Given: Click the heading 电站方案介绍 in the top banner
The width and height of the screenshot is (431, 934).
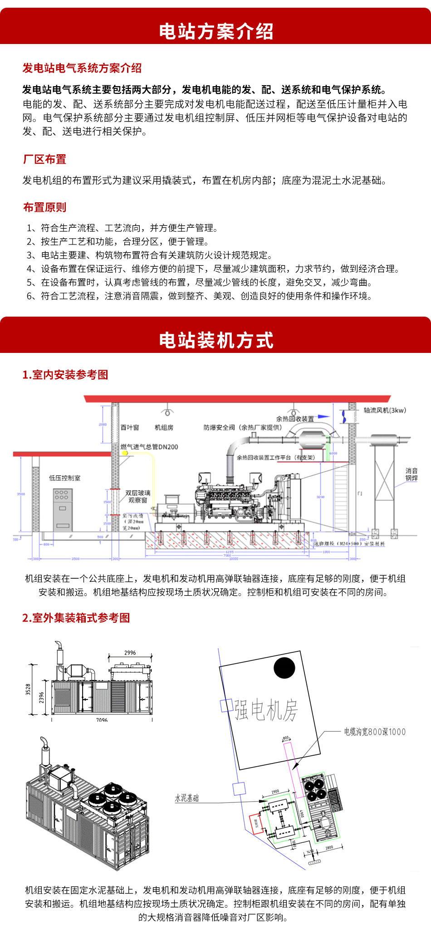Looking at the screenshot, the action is [x=216, y=31].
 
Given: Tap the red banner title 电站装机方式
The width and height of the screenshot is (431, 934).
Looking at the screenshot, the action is [x=216, y=340].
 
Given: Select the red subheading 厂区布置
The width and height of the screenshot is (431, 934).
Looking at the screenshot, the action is [x=44, y=159].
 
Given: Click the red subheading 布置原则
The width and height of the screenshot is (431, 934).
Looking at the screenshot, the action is [x=44, y=207].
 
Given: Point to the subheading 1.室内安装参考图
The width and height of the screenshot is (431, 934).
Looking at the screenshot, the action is [x=65, y=375].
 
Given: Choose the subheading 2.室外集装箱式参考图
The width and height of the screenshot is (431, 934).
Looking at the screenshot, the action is [x=76, y=618].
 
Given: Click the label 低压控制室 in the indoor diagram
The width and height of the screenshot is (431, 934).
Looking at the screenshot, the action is [x=64, y=478].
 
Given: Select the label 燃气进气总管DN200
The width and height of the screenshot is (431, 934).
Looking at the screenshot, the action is [x=149, y=447].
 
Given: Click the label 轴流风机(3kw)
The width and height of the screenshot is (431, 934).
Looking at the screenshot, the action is [x=385, y=410].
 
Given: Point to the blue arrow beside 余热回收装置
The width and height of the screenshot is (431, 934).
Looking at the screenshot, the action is [x=323, y=416].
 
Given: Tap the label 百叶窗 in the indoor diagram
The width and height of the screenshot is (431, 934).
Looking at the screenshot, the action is [x=130, y=427].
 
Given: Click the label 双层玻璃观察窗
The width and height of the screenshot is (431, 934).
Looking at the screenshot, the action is [x=137, y=496].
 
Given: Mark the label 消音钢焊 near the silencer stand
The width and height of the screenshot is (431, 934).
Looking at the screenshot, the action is [x=411, y=474].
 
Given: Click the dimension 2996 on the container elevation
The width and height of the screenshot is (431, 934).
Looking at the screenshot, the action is [x=130, y=653].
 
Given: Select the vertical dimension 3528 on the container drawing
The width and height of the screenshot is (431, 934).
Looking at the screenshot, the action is [x=28, y=689].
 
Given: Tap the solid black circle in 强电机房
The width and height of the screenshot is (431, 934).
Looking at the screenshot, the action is [x=284, y=668].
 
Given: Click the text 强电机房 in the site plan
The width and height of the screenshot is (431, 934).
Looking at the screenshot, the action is [x=266, y=710].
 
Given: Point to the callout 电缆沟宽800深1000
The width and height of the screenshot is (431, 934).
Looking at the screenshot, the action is [x=374, y=732].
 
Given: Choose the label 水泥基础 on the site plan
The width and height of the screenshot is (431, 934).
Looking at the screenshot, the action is [x=187, y=798].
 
